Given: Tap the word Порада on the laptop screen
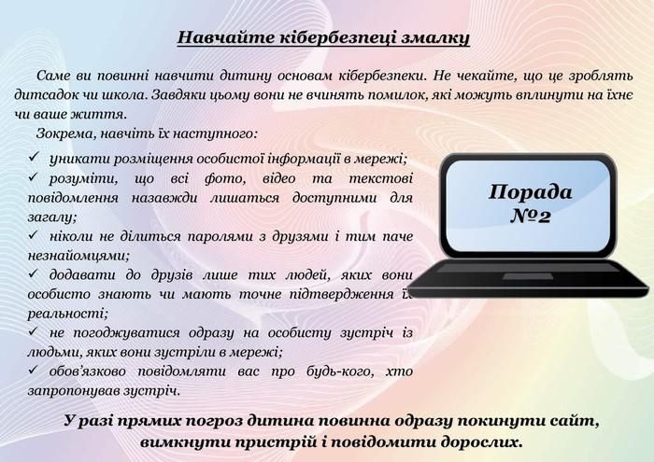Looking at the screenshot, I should [x=531, y=192].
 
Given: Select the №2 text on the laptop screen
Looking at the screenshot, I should [x=530, y=217].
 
